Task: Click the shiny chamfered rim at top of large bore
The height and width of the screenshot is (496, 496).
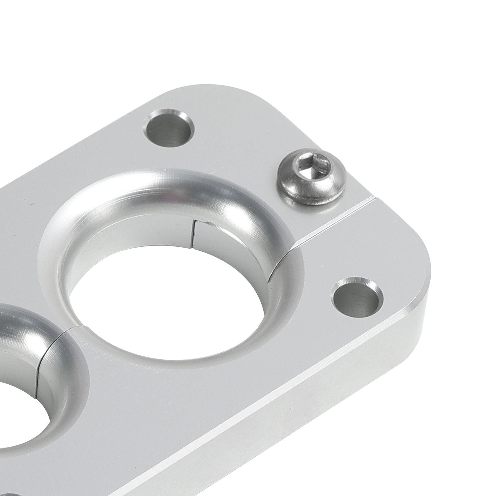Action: [174, 189]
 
